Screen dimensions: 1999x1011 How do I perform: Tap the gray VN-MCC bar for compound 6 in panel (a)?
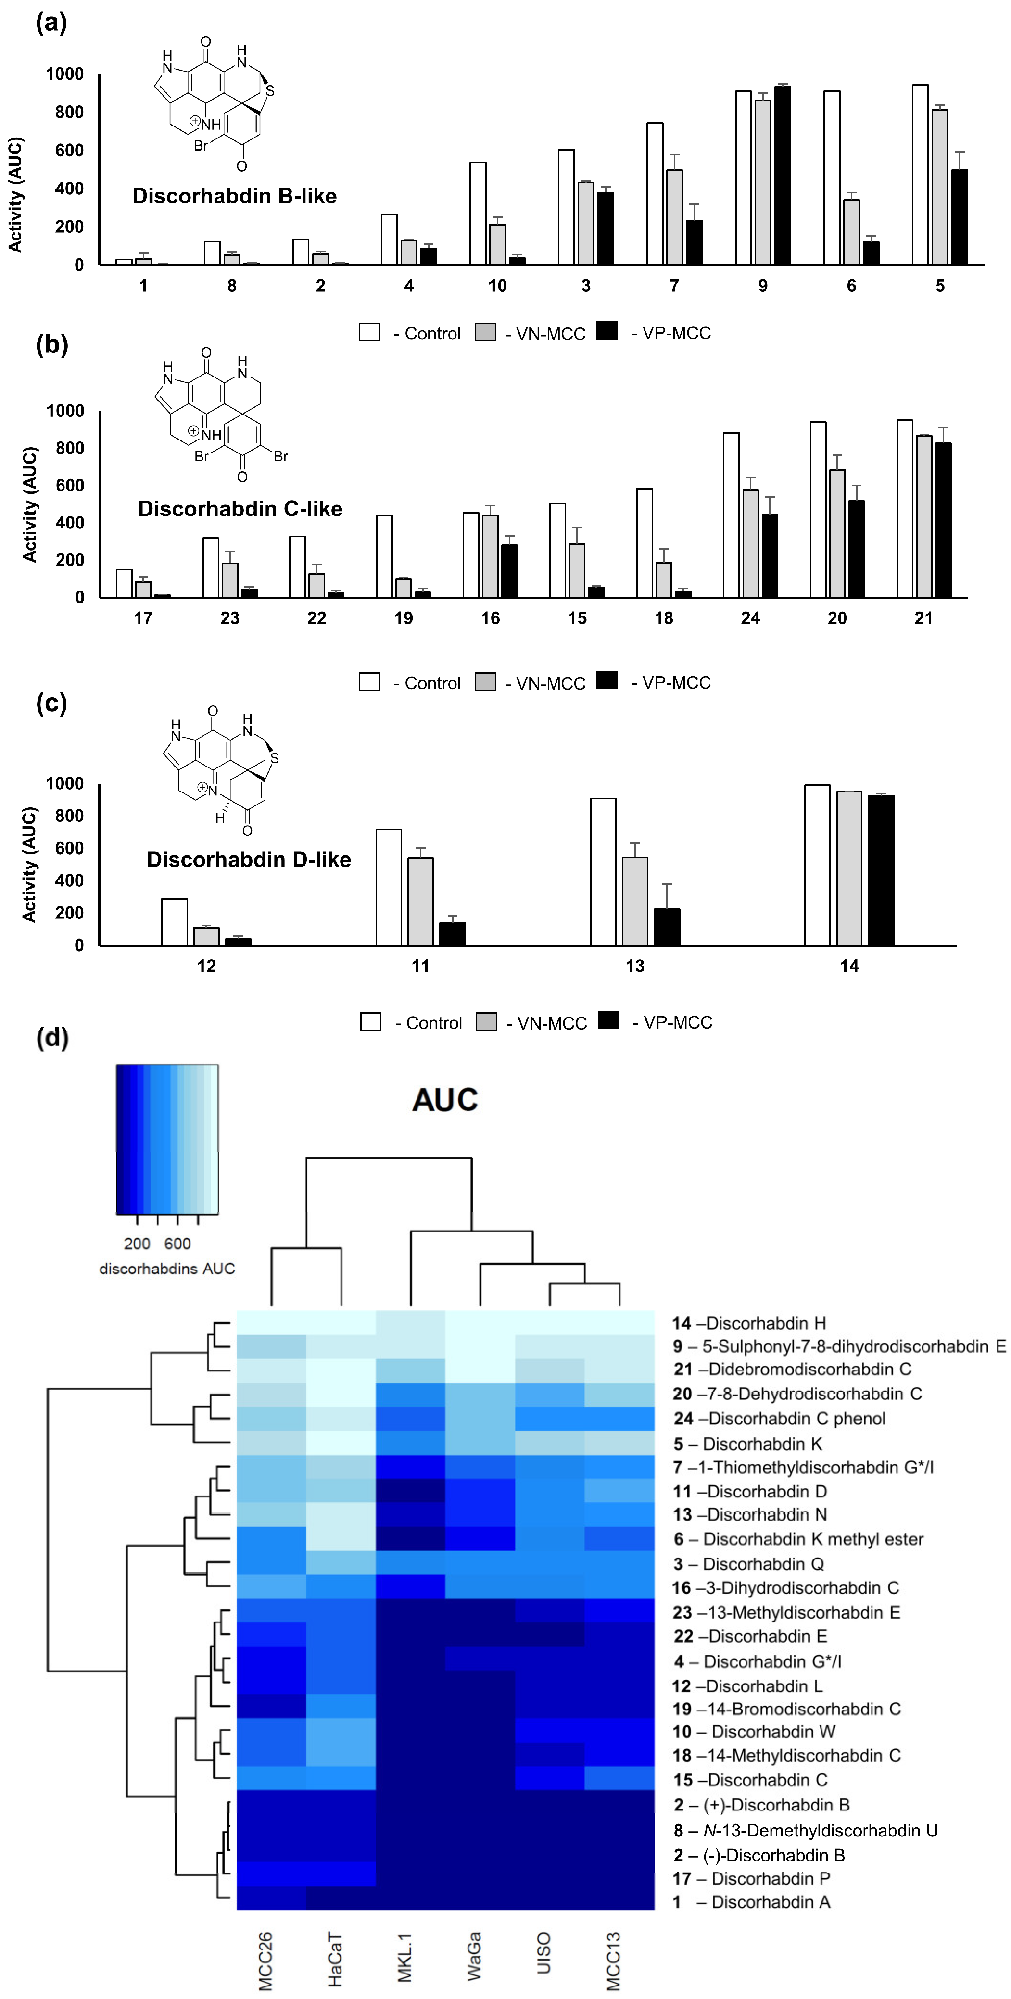(851, 232)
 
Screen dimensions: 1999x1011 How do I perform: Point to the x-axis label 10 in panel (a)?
(497, 286)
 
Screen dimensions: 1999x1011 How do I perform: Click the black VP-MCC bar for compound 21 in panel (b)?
(943, 520)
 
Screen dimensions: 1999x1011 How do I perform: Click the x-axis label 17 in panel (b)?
(143, 618)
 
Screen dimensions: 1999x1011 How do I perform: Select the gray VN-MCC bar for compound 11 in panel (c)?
(420, 901)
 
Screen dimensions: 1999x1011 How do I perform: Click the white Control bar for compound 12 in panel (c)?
(175, 921)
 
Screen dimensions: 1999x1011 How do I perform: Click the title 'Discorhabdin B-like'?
(234, 196)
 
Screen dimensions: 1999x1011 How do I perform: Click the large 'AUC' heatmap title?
(444, 1100)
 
